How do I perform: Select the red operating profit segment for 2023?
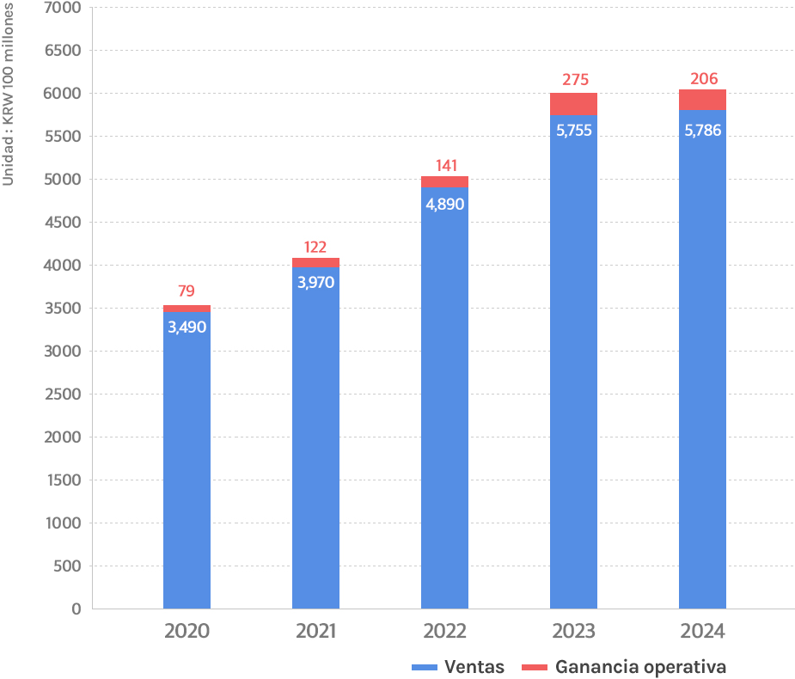(x=573, y=104)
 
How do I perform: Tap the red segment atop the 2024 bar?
(x=702, y=100)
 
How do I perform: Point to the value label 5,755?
(x=573, y=132)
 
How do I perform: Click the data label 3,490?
(x=187, y=327)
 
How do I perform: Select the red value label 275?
(x=575, y=80)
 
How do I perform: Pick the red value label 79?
(x=187, y=291)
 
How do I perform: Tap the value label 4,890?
(x=444, y=205)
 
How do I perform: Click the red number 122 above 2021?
(x=315, y=247)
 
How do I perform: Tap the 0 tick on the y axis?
(x=76, y=609)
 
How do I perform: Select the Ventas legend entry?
(x=474, y=667)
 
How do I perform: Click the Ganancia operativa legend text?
(x=640, y=667)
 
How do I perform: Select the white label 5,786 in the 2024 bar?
(x=702, y=132)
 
